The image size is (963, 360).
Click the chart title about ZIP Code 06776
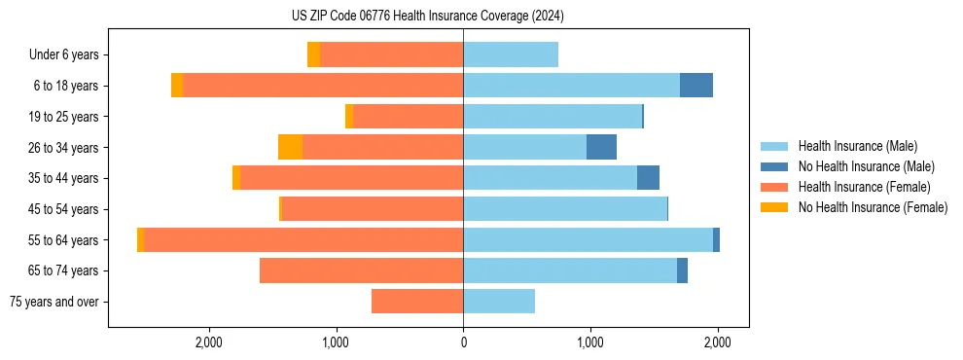(427, 17)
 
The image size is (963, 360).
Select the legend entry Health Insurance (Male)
(857, 146)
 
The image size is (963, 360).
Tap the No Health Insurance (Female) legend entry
(873, 207)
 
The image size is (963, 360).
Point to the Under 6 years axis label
(64, 55)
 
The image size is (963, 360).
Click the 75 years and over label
(54, 302)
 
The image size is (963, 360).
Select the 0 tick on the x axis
(463, 342)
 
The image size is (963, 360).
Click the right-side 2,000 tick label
(717, 342)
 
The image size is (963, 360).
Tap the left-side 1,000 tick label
(336, 342)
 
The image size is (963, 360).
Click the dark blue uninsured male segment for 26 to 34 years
(601, 147)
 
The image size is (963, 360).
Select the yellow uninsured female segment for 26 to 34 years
(290, 147)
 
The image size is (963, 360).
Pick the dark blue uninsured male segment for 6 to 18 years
(696, 86)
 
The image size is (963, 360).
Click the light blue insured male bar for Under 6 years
(511, 54)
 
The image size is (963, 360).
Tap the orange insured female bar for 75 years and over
(417, 302)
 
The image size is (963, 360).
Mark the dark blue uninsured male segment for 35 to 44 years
(648, 178)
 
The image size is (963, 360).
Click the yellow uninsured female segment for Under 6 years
(313, 54)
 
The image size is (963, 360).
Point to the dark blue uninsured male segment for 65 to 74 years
(682, 270)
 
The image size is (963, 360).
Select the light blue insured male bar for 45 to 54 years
(565, 209)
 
